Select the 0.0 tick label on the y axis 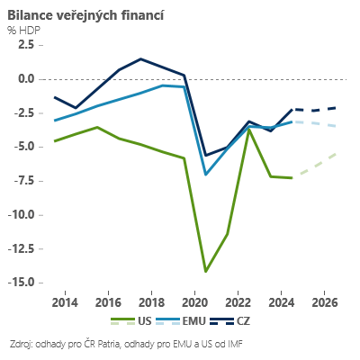pyautogui.click(x=24, y=79)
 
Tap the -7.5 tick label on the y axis pyautogui.click(x=22, y=181)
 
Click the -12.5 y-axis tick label pyautogui.click(x=19, y=249)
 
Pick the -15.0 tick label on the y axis pyautogui.click(x=19, y=283)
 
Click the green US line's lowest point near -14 pyautogui.click(x=206, y=271)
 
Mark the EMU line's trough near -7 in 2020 pyautogui.click(x=206, y=175)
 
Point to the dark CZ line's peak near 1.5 pyautogui.click(x=141, y=59)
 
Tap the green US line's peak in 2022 pyautogui.click(x=249, y=130)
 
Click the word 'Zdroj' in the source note pyautogui.click(x=21, y=344)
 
